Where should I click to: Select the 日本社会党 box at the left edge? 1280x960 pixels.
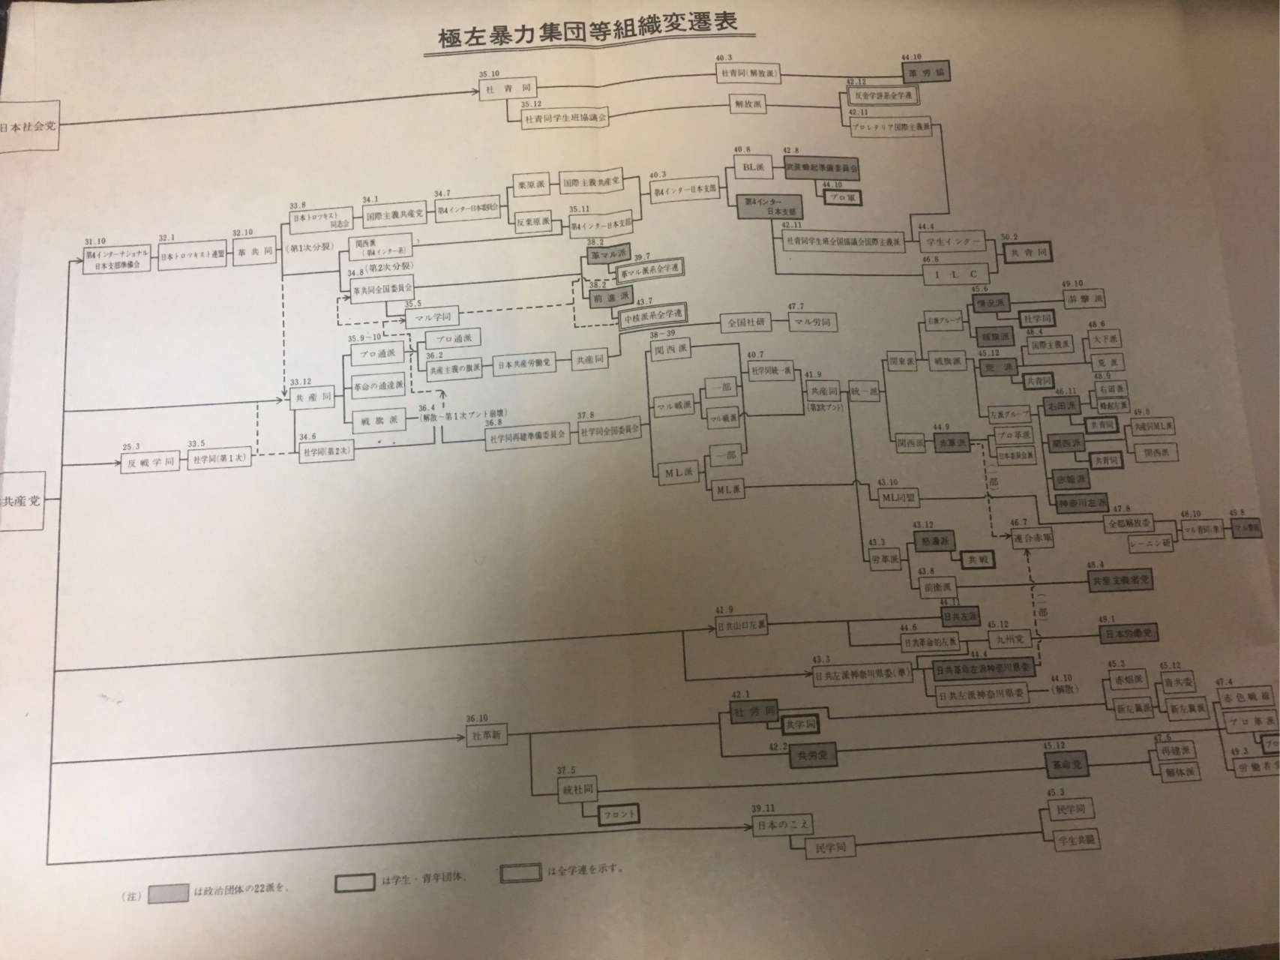tap(28, 125)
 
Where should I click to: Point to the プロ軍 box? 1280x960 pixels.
tap(841, 197)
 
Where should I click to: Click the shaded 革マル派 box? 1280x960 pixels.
tap(608, 255)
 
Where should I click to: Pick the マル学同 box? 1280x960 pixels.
tap(437, 317)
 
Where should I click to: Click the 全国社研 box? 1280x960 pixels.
tap(746, 322)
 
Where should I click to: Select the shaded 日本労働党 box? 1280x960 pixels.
tap(1126, 634)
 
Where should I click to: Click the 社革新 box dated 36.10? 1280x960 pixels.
tap(487, 736)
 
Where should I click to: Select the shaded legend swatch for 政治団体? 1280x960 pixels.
tap(168, 894)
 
